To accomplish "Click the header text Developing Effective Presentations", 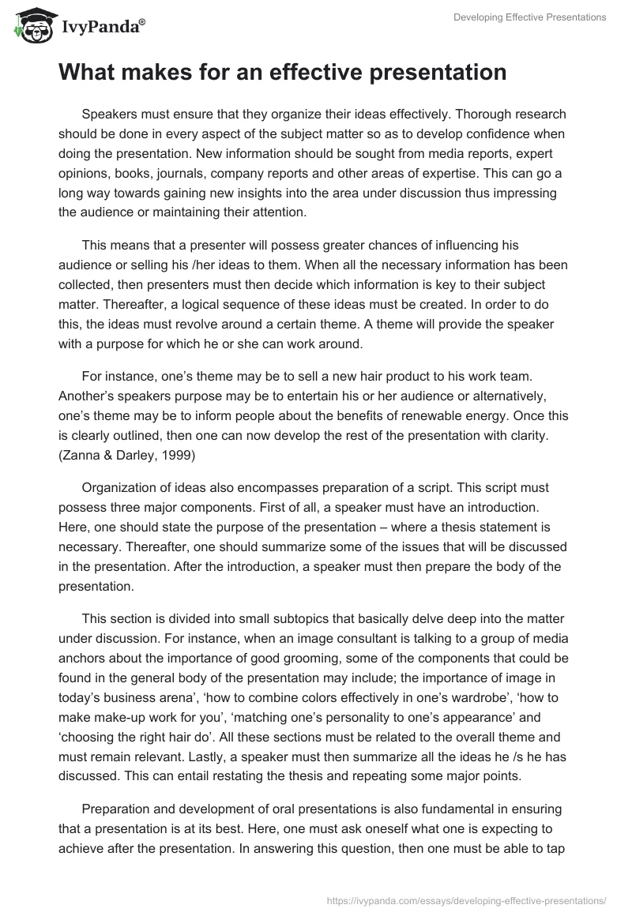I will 530,17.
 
